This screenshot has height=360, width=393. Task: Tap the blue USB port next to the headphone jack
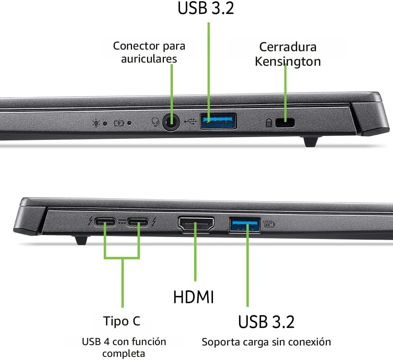[x=218, y=121]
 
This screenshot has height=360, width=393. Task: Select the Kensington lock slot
[x=285, y=123]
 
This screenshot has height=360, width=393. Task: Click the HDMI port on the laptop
[x=196, y=225]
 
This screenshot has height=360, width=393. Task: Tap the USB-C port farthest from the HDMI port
[x=105, y=223]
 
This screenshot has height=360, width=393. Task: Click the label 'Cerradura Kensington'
[x=288, y=54]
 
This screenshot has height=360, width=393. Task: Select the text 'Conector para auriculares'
[x=149, y=52]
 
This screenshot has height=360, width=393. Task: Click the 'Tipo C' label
[x=122, y=321]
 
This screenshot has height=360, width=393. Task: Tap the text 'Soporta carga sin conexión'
[x=266, y=342]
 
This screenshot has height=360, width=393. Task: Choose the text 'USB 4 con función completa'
[x=124, y=347]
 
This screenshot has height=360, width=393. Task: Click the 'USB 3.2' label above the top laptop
[x=206, y=8]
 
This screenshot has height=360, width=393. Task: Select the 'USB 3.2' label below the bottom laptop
[x=266, y=321]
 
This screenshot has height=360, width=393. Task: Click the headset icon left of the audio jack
[x=155, y=123]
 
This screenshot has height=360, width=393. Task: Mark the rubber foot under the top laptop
[x=310, y=141]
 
